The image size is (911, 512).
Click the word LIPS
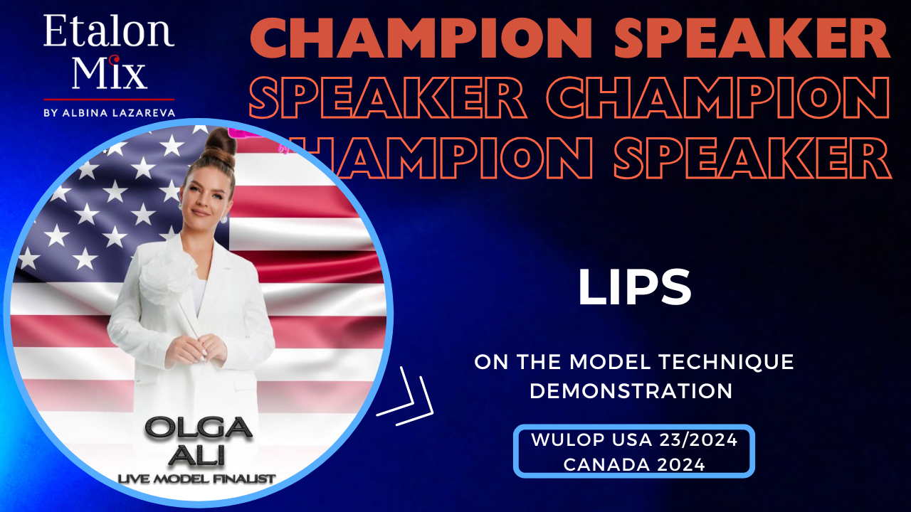[x=634, y=287]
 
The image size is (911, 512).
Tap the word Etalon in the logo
[x=109, y=31]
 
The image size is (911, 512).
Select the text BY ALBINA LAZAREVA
[x=109, y=113]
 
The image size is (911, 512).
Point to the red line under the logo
[x=109, y=99]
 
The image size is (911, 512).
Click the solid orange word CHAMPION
[x=421, y=38]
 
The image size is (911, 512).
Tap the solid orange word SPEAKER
[x=752, y=38]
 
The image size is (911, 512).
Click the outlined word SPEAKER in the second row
[x=388, y=97]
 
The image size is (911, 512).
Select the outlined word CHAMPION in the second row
[x=719, y=97]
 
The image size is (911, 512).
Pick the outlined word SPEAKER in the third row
[x=752, y=158]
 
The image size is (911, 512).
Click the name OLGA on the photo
[x=199, y=429]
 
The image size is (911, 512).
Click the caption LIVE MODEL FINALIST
[x=197, y=479]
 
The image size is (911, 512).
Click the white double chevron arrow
[x=405, y=396]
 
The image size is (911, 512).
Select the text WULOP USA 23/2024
[x=634, y=439]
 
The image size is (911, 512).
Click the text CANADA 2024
[x=634, y=464]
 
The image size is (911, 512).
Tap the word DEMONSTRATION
[x=631, y=391]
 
